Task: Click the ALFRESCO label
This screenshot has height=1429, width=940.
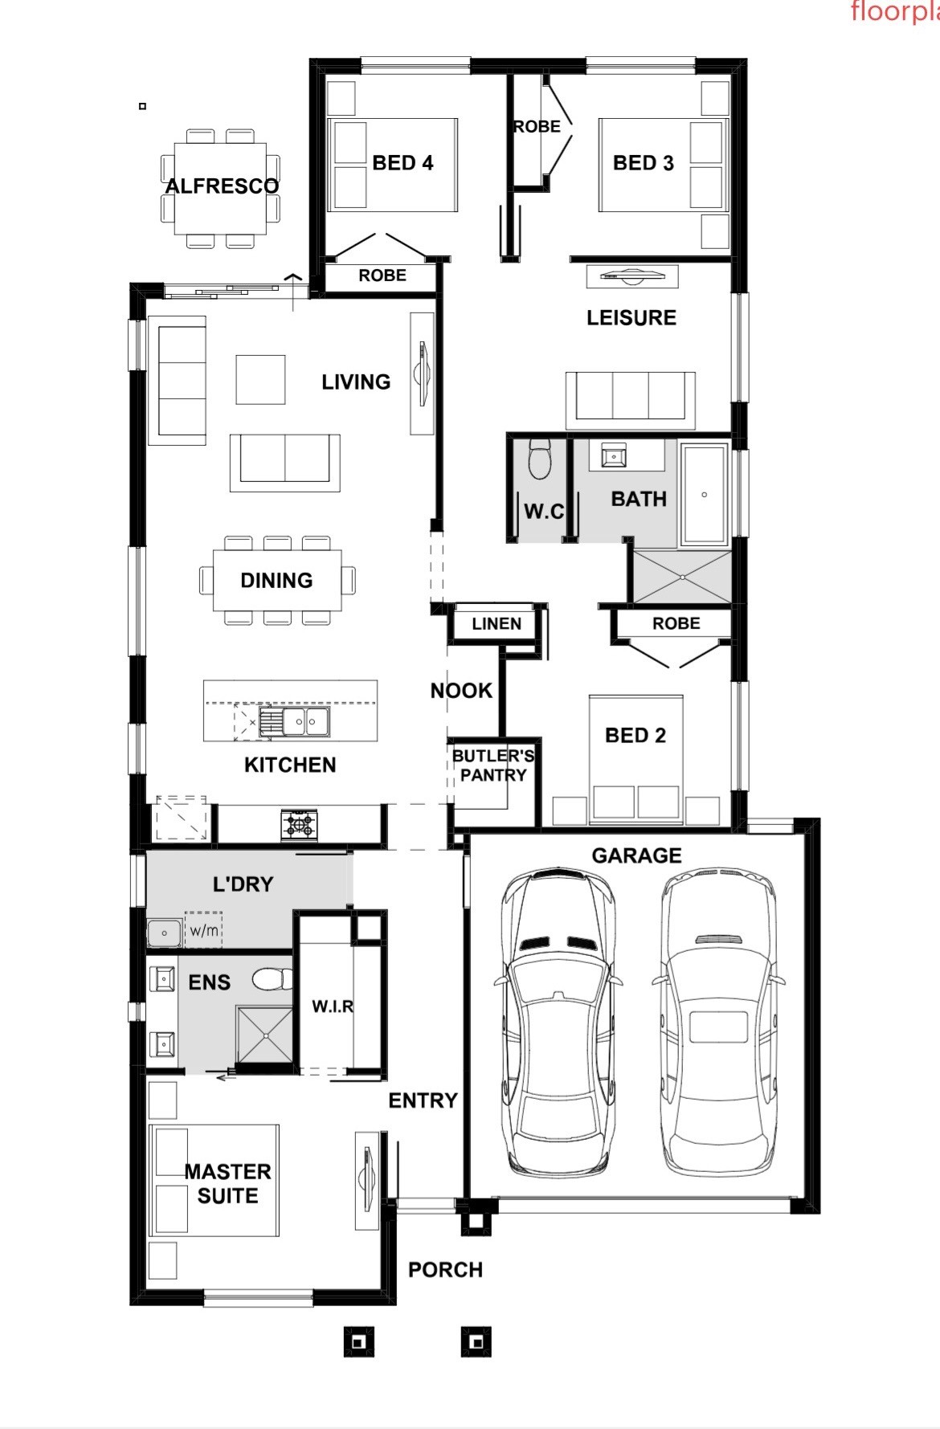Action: click(223, 186)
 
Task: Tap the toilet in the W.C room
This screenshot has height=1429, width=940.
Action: click(538, 458)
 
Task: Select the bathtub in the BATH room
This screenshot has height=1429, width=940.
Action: click(704, 494)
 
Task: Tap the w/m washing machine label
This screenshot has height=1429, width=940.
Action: click(204, 930)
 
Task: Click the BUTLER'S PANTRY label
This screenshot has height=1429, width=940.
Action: click(493, 766)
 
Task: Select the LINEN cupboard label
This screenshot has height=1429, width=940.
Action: click(497, 623)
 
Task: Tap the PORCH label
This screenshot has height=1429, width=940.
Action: click(446, 1270)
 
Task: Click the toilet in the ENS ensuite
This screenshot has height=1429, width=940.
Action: click(273, 979)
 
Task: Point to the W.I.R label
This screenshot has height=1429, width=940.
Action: click(333, 1006)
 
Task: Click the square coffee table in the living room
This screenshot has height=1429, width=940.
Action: click(260, 379)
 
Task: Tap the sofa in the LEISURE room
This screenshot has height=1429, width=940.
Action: click(631, 399)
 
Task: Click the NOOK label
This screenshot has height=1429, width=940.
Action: click(461, 691)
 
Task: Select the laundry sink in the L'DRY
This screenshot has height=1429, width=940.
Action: click(165, 933)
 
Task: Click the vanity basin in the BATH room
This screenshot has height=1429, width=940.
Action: click(615, 456)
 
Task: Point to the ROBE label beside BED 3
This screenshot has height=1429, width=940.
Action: click(537, 127)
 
